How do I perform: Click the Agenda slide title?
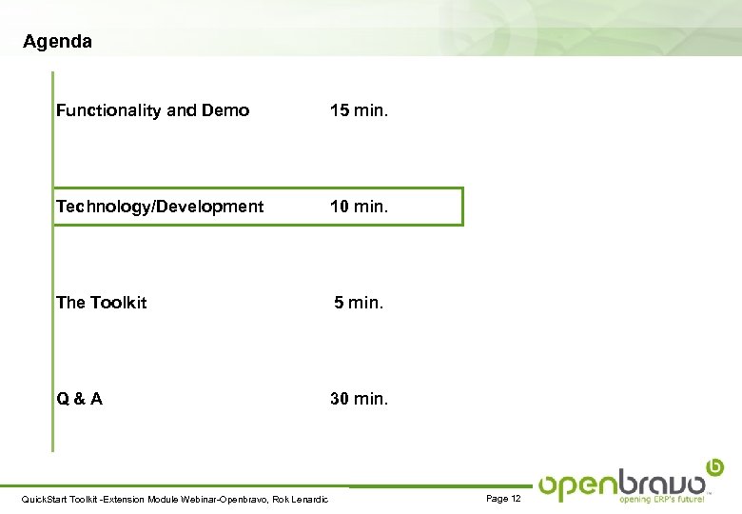(x=57, y=42)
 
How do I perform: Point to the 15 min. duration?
(x=359, y=110)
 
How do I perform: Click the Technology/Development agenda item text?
(x=160, y=207)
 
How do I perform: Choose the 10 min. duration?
(x=359, y=207)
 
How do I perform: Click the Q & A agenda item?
(x=79, y=399)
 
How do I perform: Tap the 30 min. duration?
(x=359, y=399)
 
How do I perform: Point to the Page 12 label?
(x=503, y=499)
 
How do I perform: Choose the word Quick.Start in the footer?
(x=42, y=500)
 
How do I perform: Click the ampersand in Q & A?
(x=79, y=399)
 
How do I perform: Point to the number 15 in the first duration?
(x=340, y=110)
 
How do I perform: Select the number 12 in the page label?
(x=516, y=499)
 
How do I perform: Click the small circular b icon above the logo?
(x=715, y=466)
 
